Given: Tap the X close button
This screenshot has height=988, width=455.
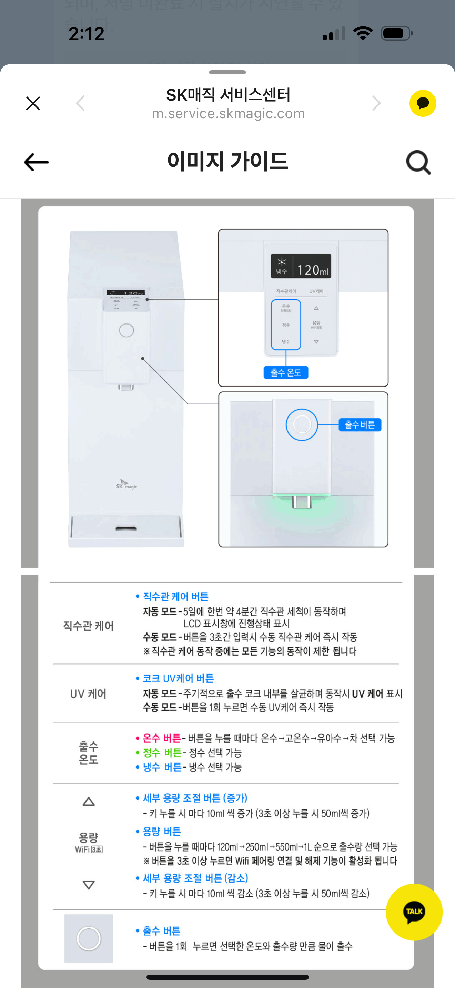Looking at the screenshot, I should [x=33, y=103].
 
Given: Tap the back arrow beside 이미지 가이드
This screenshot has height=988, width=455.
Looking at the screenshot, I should [x=36, y=162].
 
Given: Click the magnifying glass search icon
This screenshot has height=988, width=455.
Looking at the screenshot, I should [x=418, y=162].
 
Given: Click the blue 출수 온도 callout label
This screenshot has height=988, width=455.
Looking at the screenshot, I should [x=286, y=372].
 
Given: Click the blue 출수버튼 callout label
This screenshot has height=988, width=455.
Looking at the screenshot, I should [x=360, y=424].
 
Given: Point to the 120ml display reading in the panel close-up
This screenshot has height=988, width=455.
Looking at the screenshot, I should [x=313, y=270].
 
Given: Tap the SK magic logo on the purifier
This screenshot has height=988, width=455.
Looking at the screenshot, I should [x=126, y=485].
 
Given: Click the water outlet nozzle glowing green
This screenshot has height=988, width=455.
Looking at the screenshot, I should [x=302, y=502].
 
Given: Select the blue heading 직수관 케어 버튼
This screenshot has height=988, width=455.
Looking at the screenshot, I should [x=175, y=596].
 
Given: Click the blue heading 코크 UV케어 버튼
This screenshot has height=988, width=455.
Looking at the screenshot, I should [x=178, y=679].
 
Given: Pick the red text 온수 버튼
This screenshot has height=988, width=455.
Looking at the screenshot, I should [x=162, y=738].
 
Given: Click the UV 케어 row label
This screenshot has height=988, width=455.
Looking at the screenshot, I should [x=88, y=694].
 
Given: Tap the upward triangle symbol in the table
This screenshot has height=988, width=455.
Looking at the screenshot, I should [x=89, y=802].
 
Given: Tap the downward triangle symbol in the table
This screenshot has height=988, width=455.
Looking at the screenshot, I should [x=89, y=885].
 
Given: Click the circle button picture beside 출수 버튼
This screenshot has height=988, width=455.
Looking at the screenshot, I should [x=89, y=938].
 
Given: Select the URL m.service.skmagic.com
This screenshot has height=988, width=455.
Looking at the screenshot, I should [x=228, y=114].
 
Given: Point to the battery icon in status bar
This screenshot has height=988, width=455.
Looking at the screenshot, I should [x=396, y=33].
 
